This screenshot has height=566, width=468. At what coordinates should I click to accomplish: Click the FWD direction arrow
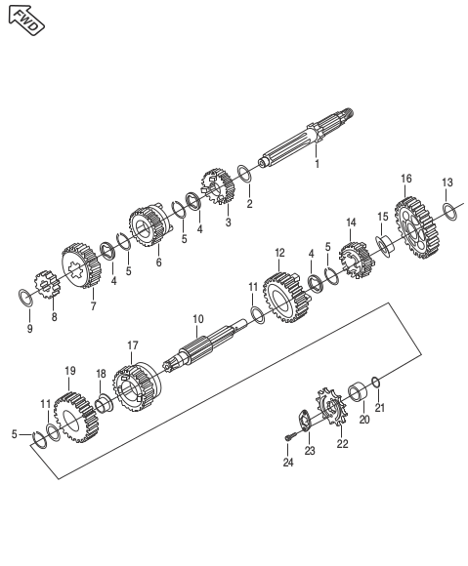(x=26, y=20)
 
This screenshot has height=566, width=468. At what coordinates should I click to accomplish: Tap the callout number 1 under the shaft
(x=317, y=164)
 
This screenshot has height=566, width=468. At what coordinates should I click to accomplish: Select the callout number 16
(x=406, y=179)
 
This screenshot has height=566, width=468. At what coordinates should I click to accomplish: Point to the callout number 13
(x=447, y=182)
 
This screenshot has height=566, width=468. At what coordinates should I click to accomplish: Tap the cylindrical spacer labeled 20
(x=359, y=393)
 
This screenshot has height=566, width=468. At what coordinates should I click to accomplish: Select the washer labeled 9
(x=26, y=297)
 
